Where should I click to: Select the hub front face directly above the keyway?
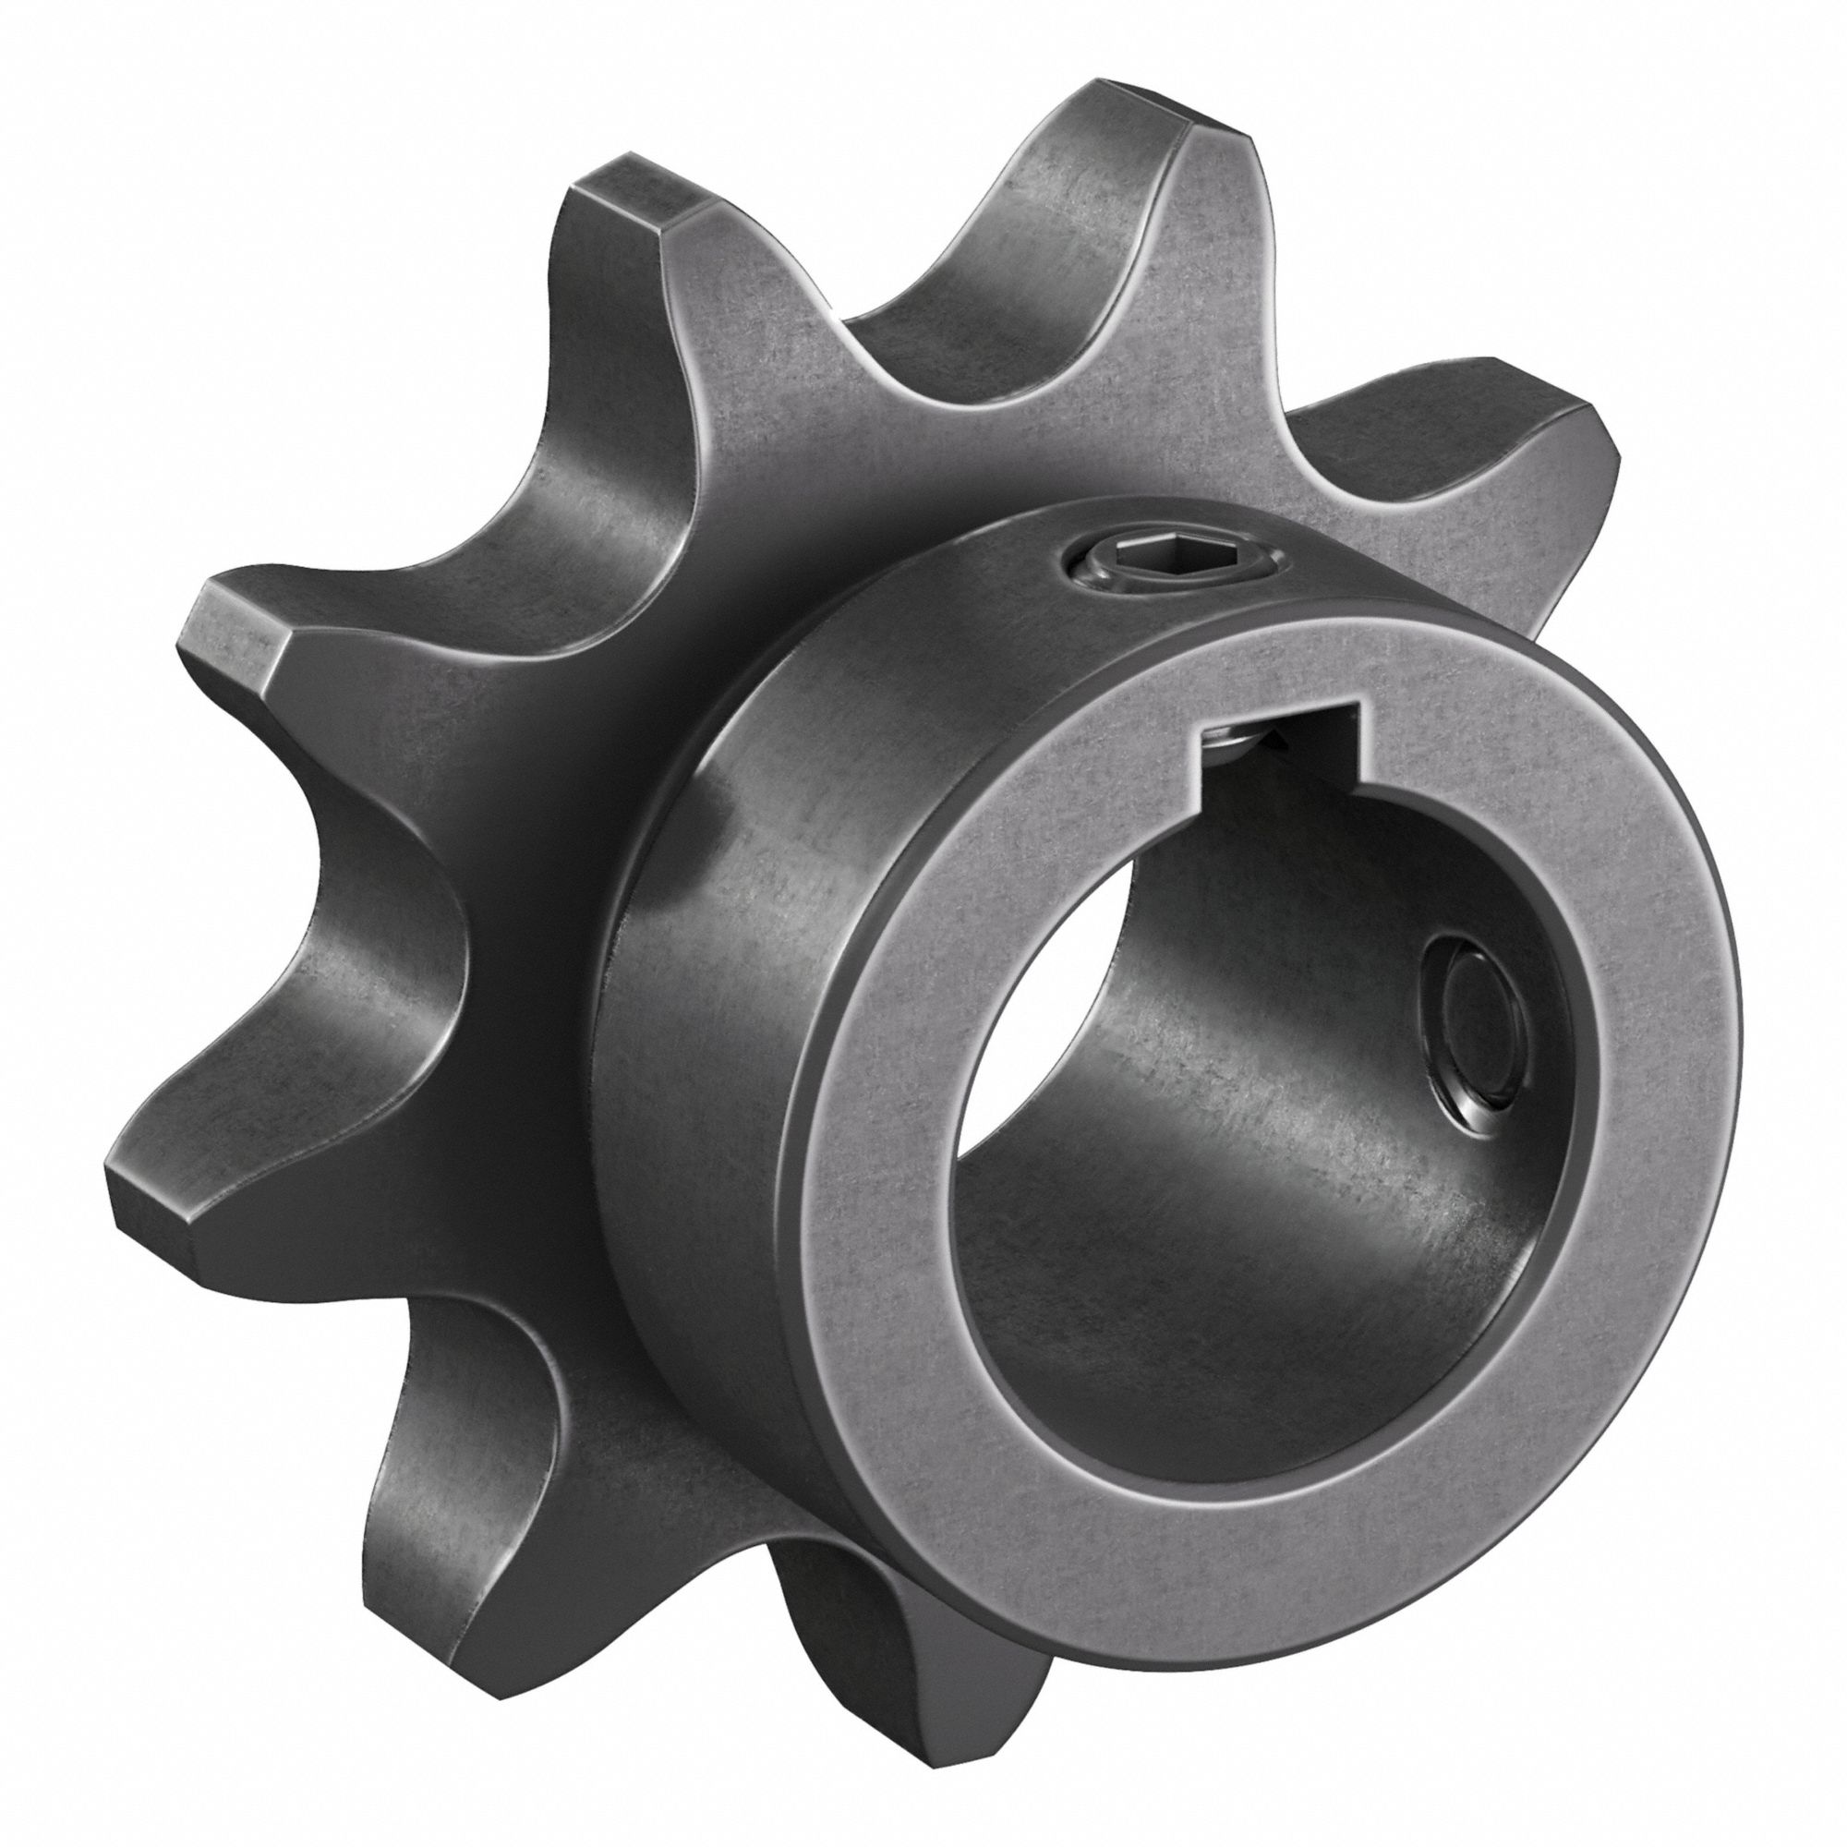point(1272,670)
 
